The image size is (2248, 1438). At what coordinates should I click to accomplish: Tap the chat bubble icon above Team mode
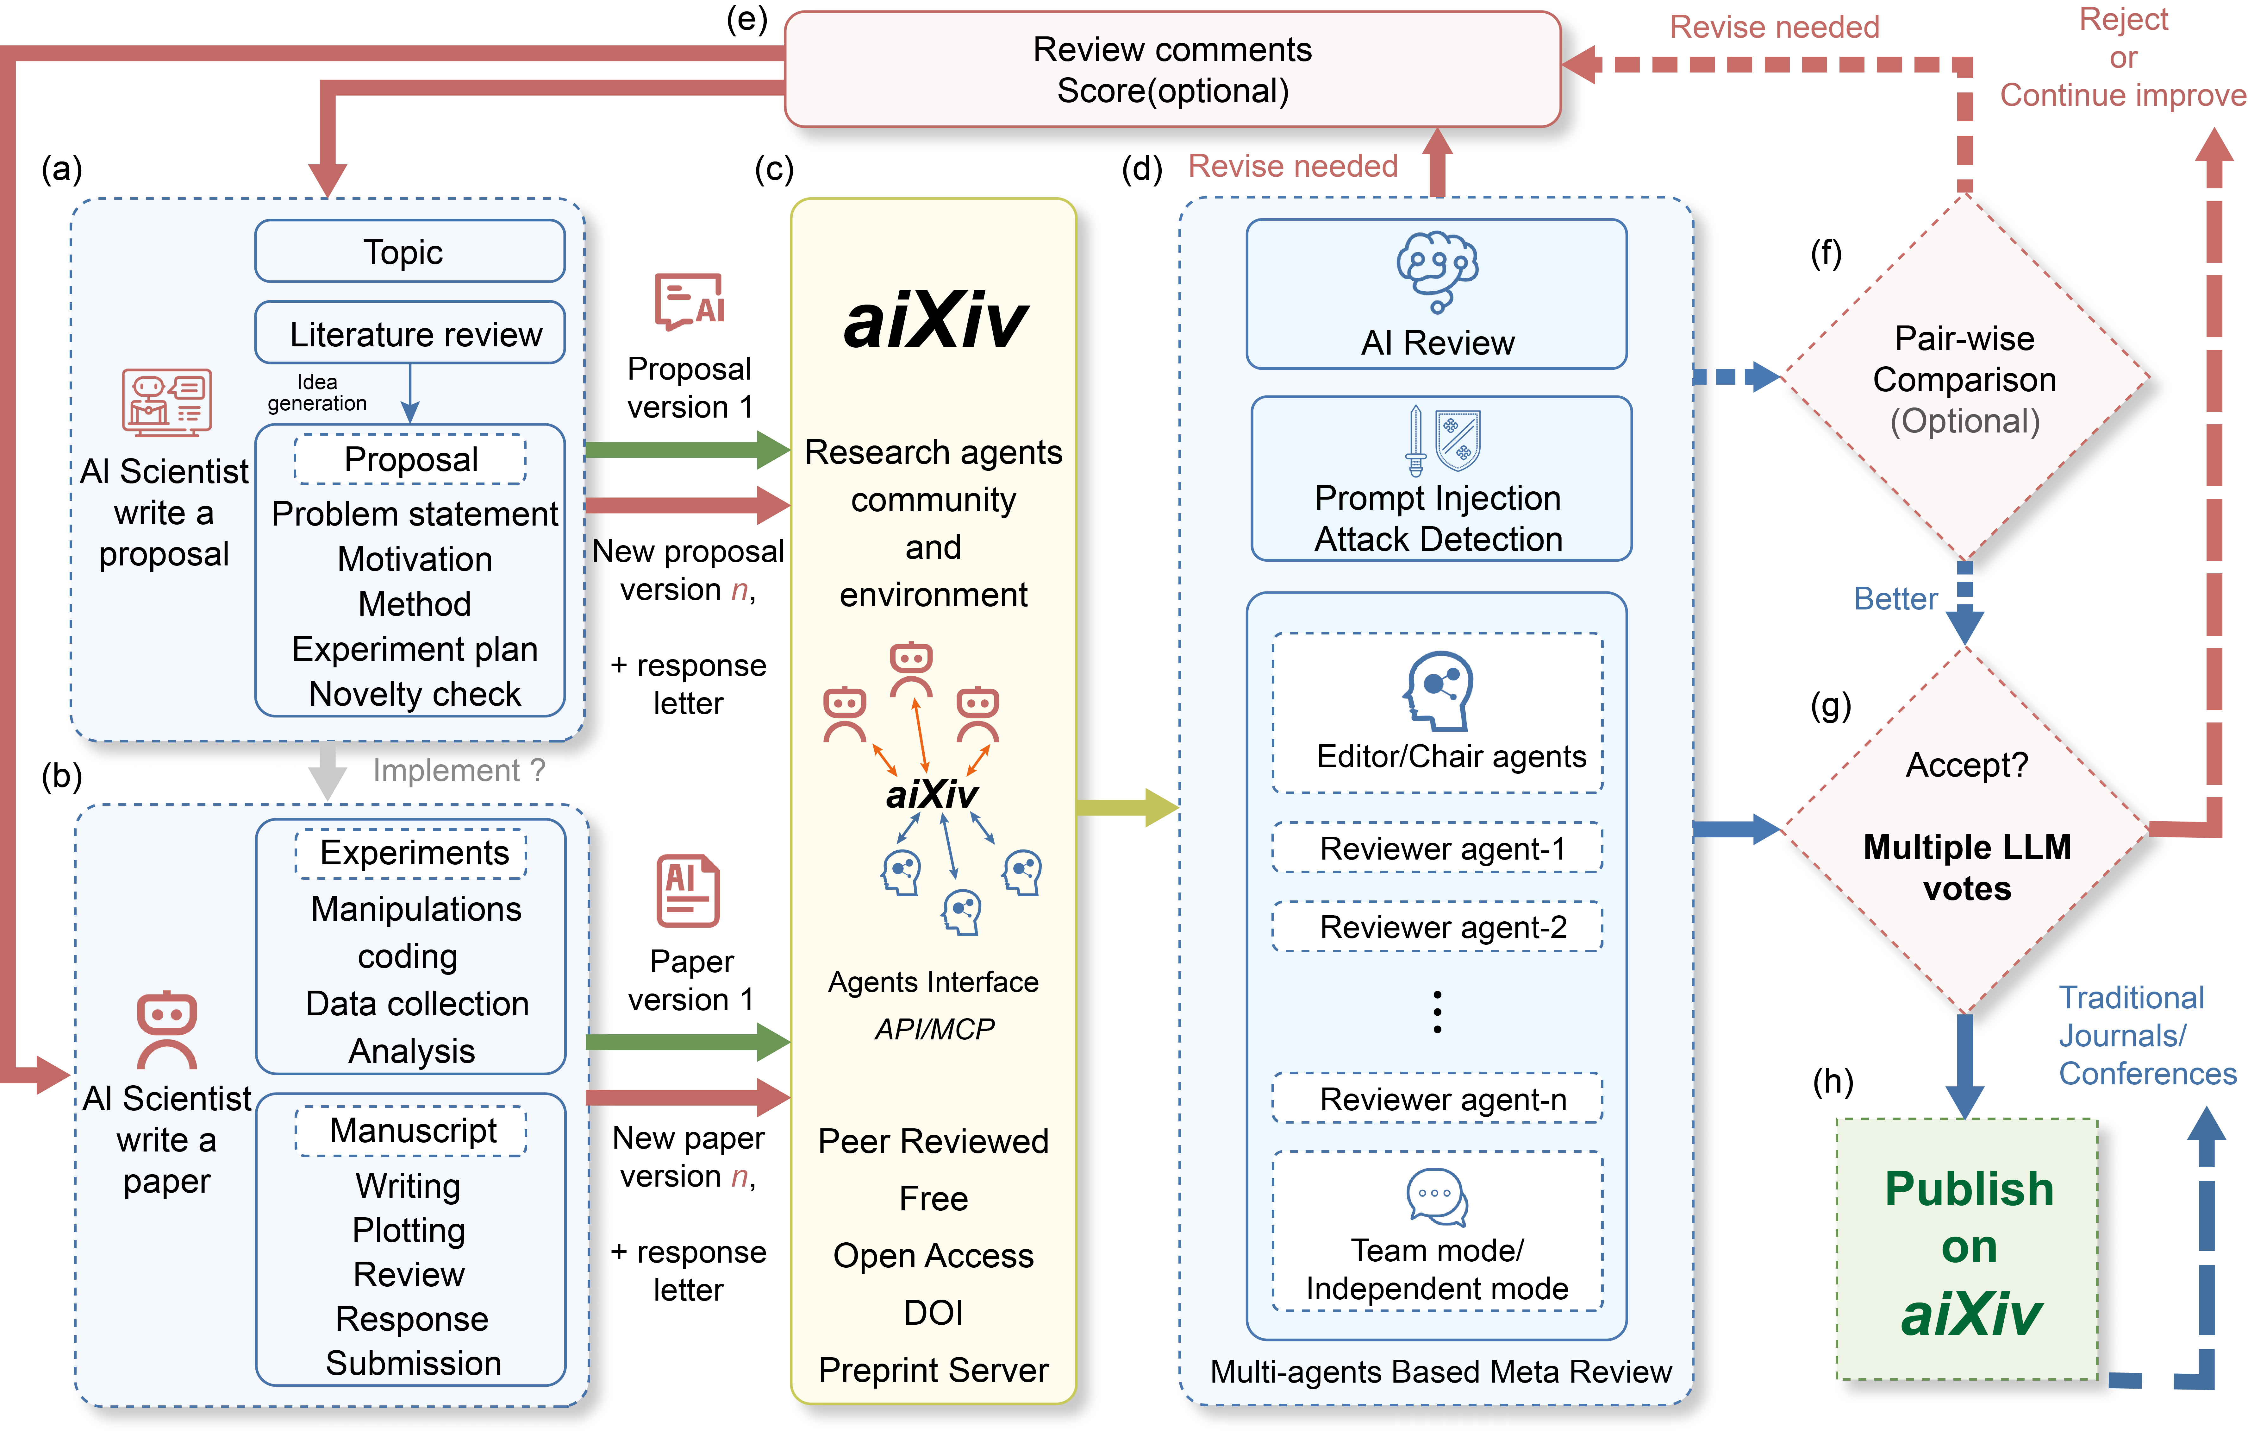pos(1436,1196)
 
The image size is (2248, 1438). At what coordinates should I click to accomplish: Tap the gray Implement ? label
pos(458,770)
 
